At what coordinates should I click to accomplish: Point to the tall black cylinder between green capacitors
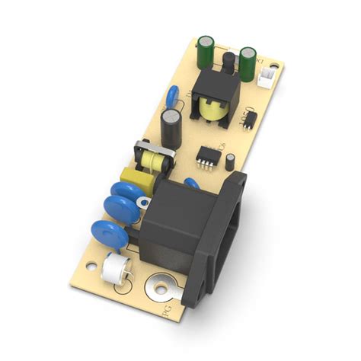coord(226,61)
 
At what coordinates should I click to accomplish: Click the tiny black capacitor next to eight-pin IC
coord(230,159)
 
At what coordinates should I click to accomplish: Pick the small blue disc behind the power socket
coord(192,182)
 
